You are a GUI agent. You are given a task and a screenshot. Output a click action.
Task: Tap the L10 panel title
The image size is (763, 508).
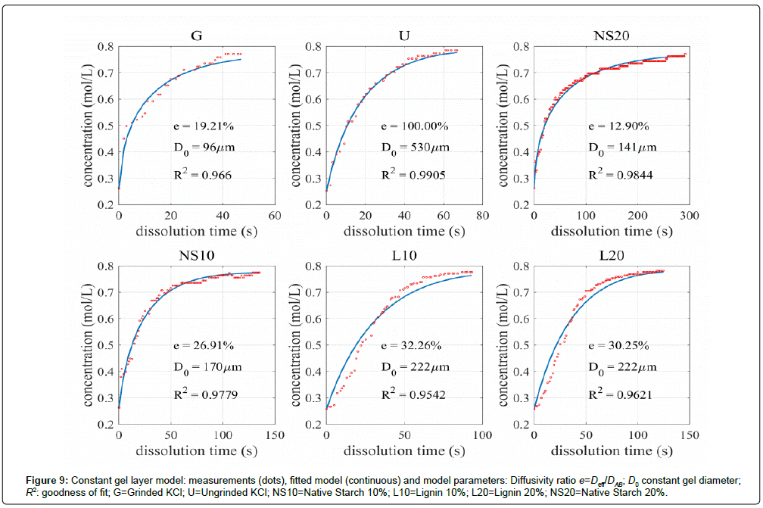point(402,255)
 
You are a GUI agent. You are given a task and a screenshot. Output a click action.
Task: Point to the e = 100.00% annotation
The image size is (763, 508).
point(413,125)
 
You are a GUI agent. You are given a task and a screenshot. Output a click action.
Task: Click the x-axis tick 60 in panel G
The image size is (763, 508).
point(276,216)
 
